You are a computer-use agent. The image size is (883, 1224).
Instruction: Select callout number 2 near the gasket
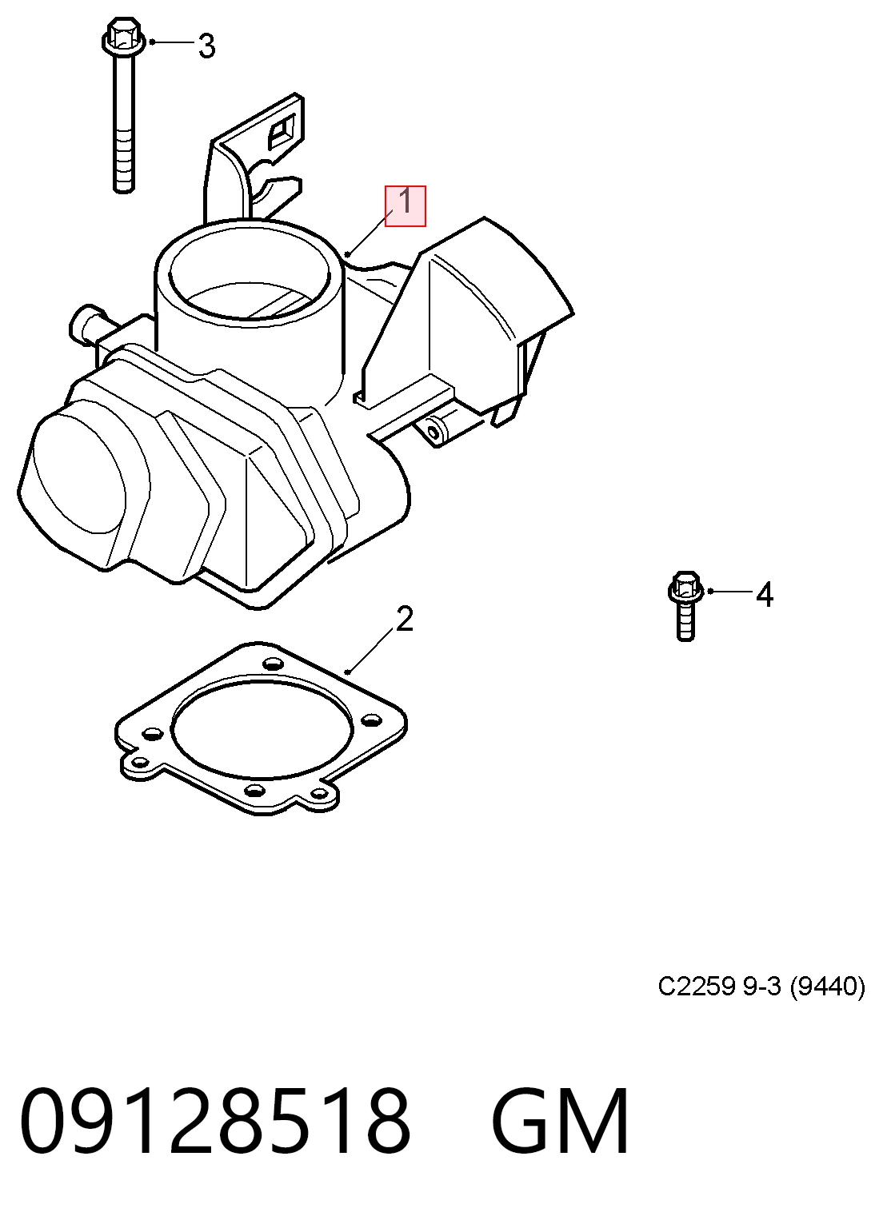coord(404,619)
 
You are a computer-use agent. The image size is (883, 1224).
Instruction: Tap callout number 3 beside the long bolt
coord(206,46)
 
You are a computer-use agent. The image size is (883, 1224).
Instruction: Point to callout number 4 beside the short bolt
coord(765,595)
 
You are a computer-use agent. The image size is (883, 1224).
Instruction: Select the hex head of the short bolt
coord(685,588)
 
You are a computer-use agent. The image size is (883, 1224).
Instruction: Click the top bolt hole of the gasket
coord(273,664)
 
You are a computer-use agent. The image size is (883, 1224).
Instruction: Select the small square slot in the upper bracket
coord(282,131)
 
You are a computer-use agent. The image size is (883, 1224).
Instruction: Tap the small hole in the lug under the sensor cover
coord(434,433)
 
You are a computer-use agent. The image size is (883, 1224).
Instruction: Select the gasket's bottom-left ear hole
coord(141,762)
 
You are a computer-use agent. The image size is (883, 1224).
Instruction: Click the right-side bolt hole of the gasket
coord(371,721)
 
